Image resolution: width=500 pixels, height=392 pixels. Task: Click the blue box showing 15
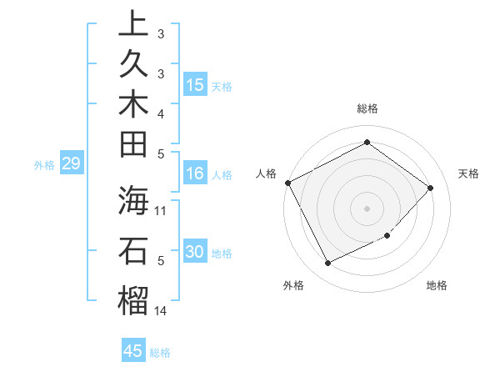(195, 84)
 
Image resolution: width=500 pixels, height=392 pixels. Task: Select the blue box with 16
(195, 173)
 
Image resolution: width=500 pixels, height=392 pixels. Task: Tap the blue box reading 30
(195, 253)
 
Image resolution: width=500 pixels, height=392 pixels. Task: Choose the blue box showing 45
(133, 351)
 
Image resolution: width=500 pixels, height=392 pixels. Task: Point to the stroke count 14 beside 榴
(161, 311)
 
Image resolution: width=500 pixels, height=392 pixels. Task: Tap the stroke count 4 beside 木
(161, 113)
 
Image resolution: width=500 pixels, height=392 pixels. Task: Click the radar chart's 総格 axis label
(367, 108)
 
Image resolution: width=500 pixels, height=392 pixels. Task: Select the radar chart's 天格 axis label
(468, 173)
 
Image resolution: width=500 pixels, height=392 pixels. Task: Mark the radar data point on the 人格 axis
(287, 183)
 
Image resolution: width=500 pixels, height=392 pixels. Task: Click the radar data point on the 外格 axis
(327, 264)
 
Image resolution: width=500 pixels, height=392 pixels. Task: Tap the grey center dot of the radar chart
(367, 208)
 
